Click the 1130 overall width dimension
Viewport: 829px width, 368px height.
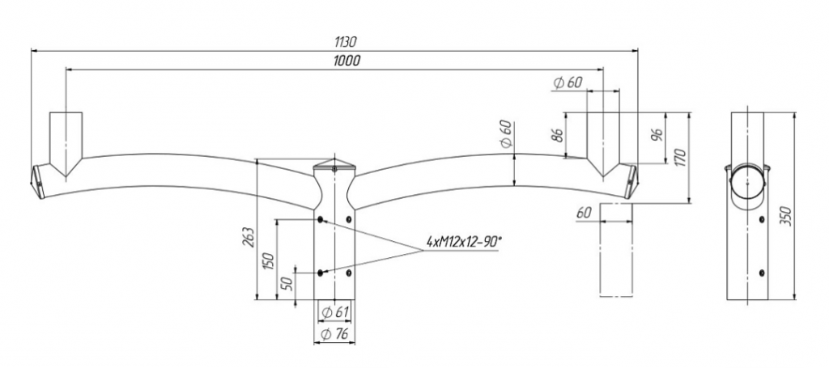pos(346,42)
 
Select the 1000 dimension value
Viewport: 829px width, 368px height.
pos(346,61)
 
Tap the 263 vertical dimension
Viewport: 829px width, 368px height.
pos(249,238)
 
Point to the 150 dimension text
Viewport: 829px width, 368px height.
pos(269,262)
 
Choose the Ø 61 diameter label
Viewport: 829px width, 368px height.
pos(335,312)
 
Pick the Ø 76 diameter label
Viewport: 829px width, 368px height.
pos(334,334)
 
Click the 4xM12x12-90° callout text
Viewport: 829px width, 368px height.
pos(463,242)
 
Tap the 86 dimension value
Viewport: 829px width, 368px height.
pos(557,135)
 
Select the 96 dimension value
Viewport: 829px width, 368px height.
pos(657,136)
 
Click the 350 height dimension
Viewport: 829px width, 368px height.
pos(787,217)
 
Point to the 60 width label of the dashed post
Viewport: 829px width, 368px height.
pos(584,214)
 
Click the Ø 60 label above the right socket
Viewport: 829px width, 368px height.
pos(568,82)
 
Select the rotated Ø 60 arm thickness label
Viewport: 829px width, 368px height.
pos(505,134)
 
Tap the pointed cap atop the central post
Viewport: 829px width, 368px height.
pos(334,163)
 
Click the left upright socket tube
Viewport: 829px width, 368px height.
pos(66,142)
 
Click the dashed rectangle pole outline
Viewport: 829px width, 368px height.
pos(616,250)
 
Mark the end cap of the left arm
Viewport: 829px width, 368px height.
pos(37,181)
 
